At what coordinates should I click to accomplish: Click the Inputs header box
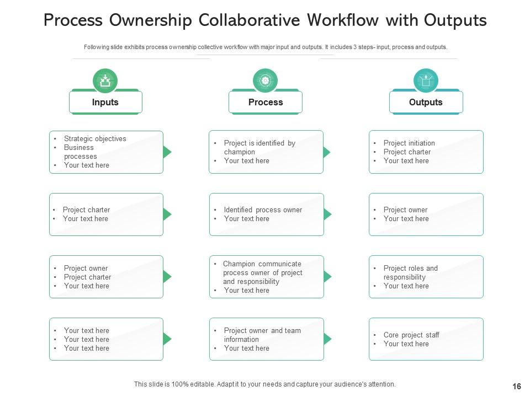105,102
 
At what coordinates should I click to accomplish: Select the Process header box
266,102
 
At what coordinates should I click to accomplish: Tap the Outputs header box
426,102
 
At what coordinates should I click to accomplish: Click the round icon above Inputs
105,81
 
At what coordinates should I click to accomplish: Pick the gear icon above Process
265,81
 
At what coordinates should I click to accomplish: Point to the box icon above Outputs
426,81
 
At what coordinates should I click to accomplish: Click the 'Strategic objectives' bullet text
95,139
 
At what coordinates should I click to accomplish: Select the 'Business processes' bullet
80,152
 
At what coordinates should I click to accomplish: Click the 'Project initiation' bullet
409,143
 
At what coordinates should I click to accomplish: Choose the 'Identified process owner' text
263,210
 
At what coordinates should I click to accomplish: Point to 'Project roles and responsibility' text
410,273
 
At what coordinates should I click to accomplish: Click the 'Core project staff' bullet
411,335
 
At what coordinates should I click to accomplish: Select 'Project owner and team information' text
262,335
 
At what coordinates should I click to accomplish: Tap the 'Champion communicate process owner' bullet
262,273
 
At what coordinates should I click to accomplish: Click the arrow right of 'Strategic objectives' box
167,152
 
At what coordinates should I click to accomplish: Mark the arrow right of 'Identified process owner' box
327,214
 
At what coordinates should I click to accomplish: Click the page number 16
517,387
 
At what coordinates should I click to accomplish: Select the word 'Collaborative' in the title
249,20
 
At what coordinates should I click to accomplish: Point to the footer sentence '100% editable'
265,384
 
